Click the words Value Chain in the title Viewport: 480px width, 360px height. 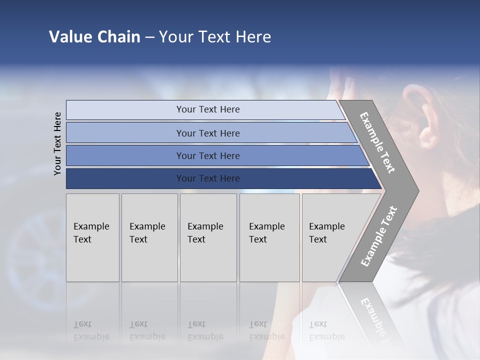click(x=94, y=37)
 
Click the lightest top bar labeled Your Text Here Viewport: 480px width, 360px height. click(x=207, y=109)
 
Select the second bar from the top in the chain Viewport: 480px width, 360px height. click(x=207, y=133)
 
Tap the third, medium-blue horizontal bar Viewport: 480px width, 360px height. click(x=207, y=155)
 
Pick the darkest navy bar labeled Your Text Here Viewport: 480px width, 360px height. click(x=207, y=178)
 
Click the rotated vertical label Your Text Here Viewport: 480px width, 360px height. click(x=57, y=143)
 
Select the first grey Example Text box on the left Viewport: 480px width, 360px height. click(x=92, y=237)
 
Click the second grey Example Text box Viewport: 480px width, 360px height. click(x=149, y=237)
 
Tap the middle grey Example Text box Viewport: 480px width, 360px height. click(x=207, y=237)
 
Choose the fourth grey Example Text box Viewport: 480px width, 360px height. click(x=269, y=237)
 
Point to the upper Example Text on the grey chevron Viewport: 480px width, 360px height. click(x=377, y=142)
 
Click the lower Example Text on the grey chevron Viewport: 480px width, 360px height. click(x=379, y=236)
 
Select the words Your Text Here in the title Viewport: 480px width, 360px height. click(x=214, y=37)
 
